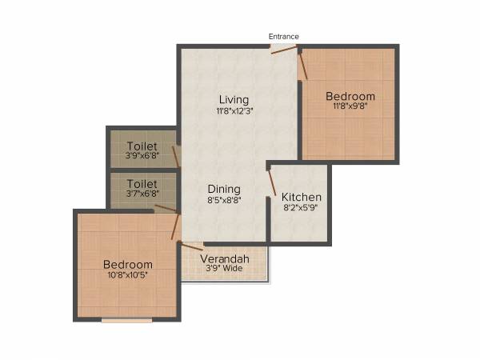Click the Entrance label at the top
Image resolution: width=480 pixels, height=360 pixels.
284,36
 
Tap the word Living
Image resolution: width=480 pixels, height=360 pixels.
234,99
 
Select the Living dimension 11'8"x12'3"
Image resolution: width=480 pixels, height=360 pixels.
234,111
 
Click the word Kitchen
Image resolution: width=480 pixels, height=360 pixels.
302,197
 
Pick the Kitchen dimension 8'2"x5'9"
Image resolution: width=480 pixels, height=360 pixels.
302,208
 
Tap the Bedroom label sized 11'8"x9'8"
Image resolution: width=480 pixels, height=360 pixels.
350,96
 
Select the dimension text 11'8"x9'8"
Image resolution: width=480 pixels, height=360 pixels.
350,106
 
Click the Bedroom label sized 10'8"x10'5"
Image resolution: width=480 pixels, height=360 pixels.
128,264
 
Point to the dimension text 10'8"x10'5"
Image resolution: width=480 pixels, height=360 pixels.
128,275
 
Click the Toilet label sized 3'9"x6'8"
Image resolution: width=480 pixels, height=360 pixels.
142,146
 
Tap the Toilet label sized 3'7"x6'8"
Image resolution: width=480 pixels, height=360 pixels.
142,184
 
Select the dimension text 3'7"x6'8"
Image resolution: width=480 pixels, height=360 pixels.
142,194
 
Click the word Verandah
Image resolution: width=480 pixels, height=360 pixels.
224,259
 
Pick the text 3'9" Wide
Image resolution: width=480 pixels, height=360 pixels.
224,270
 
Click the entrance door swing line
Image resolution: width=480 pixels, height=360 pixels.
283,50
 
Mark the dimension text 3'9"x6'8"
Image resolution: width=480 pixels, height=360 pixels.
142,156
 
